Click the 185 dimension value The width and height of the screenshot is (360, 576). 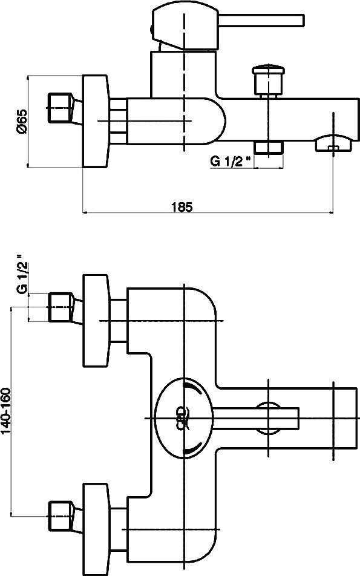pyautogui.click(x=182, y=207)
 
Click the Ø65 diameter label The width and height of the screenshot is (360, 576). pyautogui.click(x=21, y=121)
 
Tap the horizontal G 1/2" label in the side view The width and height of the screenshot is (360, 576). pyautogui.click(x=231, y=161)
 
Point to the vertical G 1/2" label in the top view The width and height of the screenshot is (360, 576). pyautogui.click(x=22, y=275)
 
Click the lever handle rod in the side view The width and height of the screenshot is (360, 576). pyautogui.click(x=261, y=20)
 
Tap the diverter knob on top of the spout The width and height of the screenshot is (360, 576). pyautogui.click(x=268, y=81)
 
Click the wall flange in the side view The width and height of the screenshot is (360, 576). pyautogui.click(x=96, y=121)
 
